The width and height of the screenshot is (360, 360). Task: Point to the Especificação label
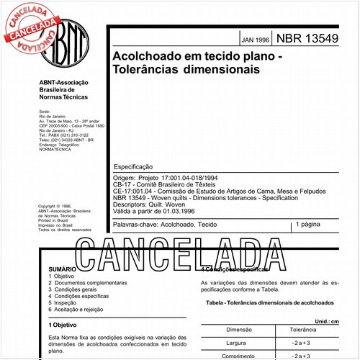(134, 166)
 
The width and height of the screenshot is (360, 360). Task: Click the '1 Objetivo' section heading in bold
(63, 325)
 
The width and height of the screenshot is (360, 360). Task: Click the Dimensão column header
(238, 329)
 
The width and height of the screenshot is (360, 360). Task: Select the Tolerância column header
(304, 329)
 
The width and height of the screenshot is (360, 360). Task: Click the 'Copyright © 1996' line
(56, 206)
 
